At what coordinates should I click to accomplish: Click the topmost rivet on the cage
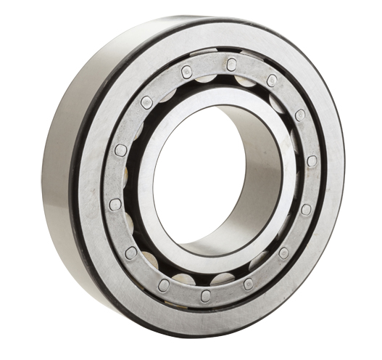pyautogui.click(x=231, y=64)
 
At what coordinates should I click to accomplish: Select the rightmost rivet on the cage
pyautogui.click(x=312, y=161)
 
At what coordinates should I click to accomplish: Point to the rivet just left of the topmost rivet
pyautogui.click(x=186, y=71)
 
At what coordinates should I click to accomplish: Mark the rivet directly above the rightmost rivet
pyautogui.click(x=300, y=115)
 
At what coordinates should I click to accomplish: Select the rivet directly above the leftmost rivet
pyautogui.click(x=120, y=150)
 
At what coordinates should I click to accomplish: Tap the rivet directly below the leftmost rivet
pyautogui.click(x=131, y=252)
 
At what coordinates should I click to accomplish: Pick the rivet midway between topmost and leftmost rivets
pyautogui.click(x=146, y=102)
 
